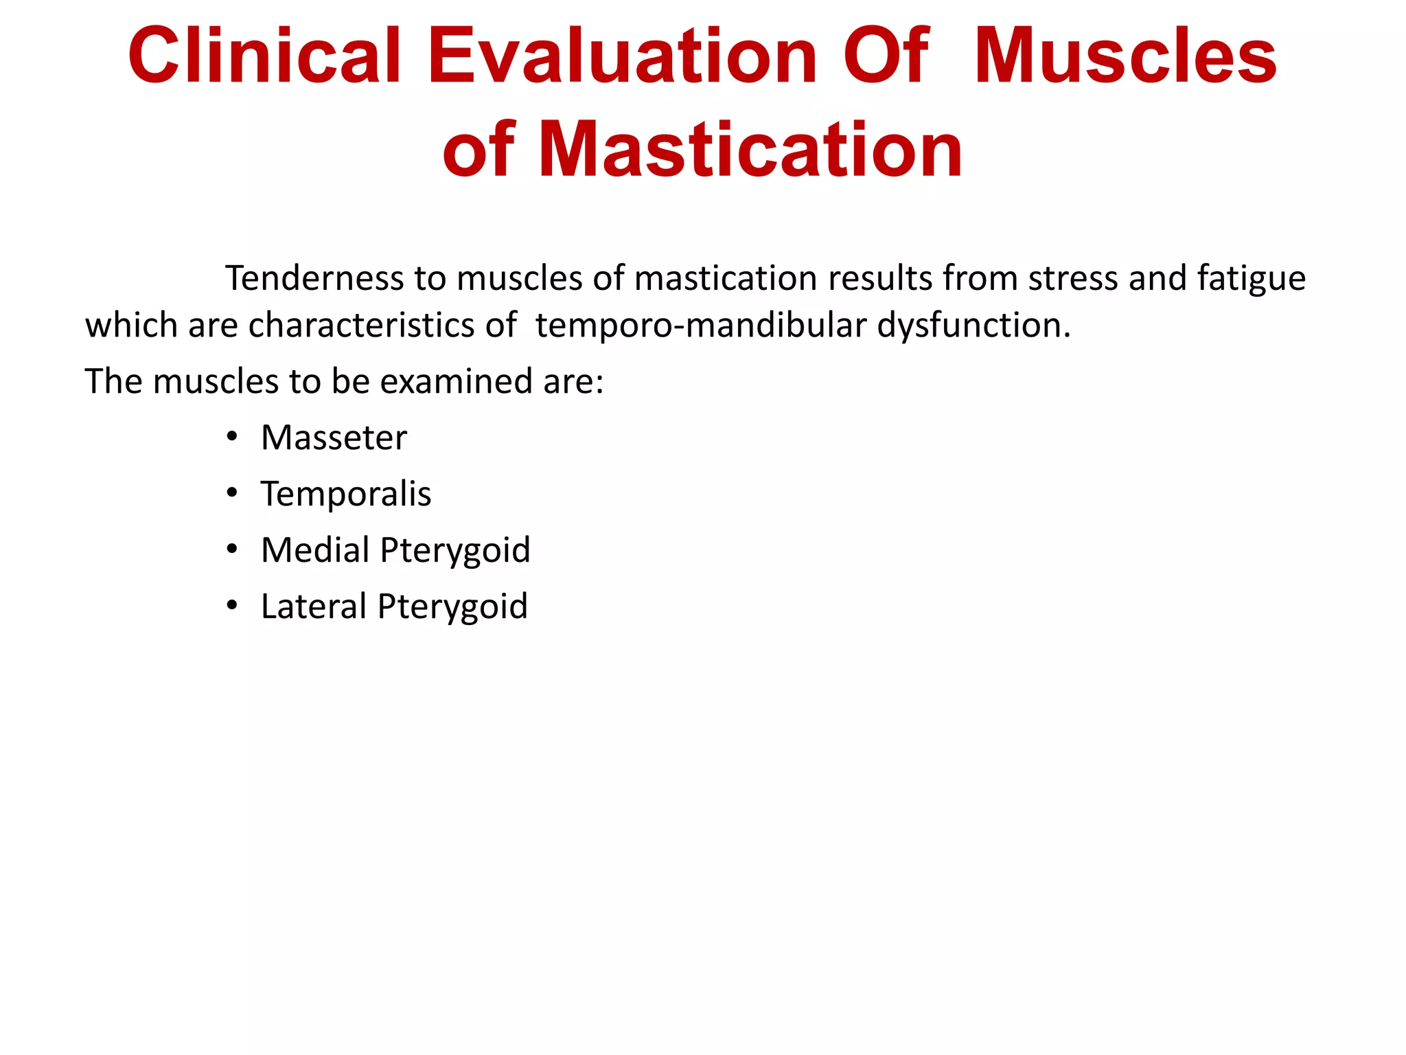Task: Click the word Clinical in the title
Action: coord(264,56)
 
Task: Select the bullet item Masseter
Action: coord(334,438)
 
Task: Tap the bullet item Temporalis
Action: coord(346,494)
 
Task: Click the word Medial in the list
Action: coord(315,550)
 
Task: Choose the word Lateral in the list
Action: coord(314,606)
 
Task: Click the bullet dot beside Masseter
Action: coord(232,437)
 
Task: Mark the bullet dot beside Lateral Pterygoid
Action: coord(232,606)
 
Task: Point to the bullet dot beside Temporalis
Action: coord(232,493)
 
